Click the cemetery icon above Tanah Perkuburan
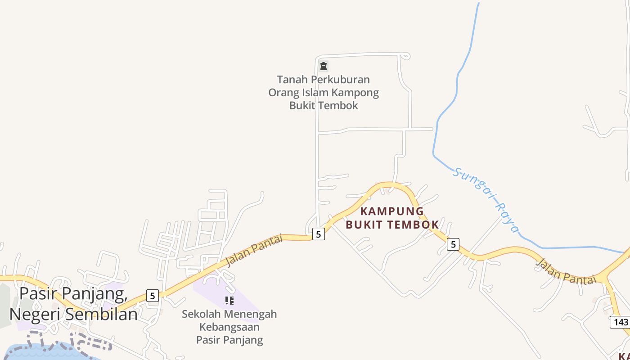[x=323, y=67]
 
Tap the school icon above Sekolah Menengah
[x=229, y=300]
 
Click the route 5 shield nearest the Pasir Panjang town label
[x=153, y=296]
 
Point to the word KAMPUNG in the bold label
[x=392, y=211]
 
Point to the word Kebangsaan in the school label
[x=229, y=327]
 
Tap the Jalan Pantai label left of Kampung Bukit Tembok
[x=254, y=250]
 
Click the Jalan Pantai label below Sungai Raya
[x=565, y=271]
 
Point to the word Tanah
[x=292, y=80]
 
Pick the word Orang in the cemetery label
[x=284, y=93]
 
